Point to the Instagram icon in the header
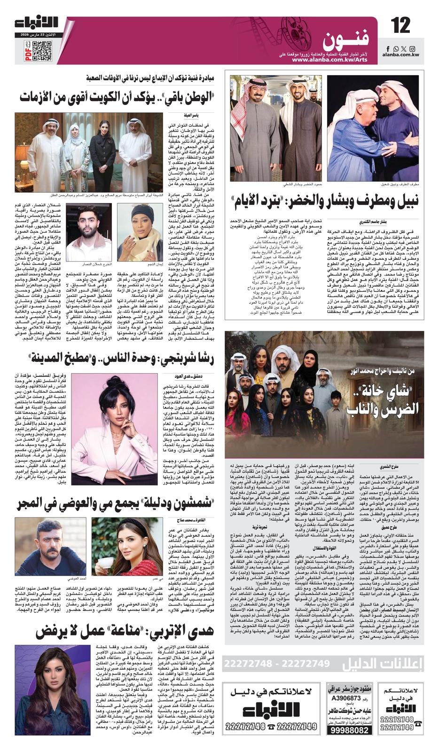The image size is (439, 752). pos(412,49)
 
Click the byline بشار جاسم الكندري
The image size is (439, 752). pos(397,221)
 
